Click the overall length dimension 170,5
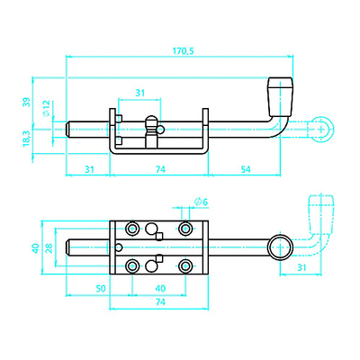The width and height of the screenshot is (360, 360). coord(184,51)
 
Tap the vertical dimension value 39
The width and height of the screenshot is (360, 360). coord(27,102)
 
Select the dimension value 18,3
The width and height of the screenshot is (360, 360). coord(27,139)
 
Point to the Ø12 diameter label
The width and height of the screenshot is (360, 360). coord(46,108)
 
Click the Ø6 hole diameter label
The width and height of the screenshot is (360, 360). coord(201,202)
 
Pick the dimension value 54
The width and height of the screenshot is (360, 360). coord(246,169)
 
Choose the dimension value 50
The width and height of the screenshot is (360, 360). coord(101,288)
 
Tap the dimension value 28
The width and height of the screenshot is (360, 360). coord(49,248)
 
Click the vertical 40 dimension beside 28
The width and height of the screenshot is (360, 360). coord(36,248)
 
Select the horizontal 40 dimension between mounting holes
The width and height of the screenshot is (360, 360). coord(160,288)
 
